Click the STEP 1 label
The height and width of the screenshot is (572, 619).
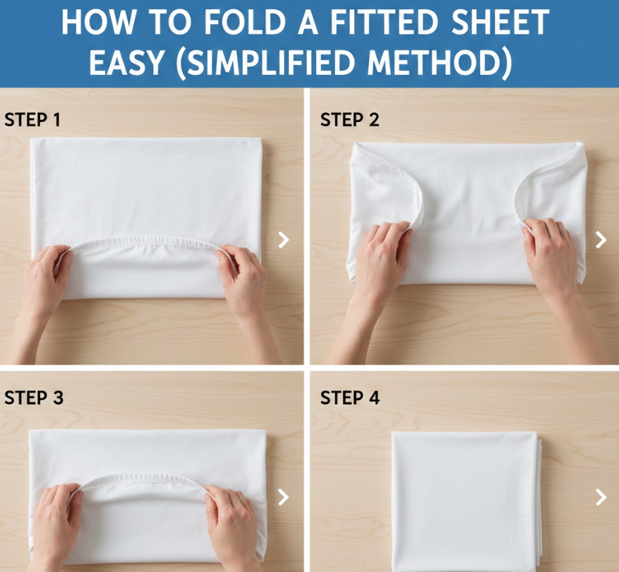[32, 119]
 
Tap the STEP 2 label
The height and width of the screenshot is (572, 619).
[349, 119]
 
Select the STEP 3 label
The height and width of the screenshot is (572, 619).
[34, 398]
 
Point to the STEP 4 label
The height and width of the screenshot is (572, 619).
[350, 398]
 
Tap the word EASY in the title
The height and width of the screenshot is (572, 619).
[126, 62]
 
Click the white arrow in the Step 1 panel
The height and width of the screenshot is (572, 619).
[284, 240]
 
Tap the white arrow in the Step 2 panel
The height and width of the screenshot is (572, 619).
[601, 240]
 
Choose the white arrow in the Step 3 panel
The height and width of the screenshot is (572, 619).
[284, 497]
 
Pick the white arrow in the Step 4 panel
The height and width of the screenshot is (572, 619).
[601, 497]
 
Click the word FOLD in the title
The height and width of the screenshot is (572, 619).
[245, 23]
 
